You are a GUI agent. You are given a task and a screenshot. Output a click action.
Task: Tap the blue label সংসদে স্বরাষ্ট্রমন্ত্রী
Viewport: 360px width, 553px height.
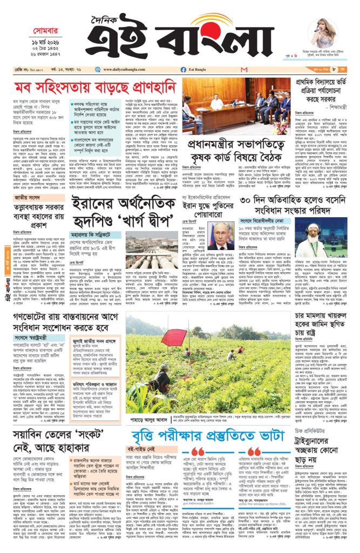pyautogui.click(x=32, y=338)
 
